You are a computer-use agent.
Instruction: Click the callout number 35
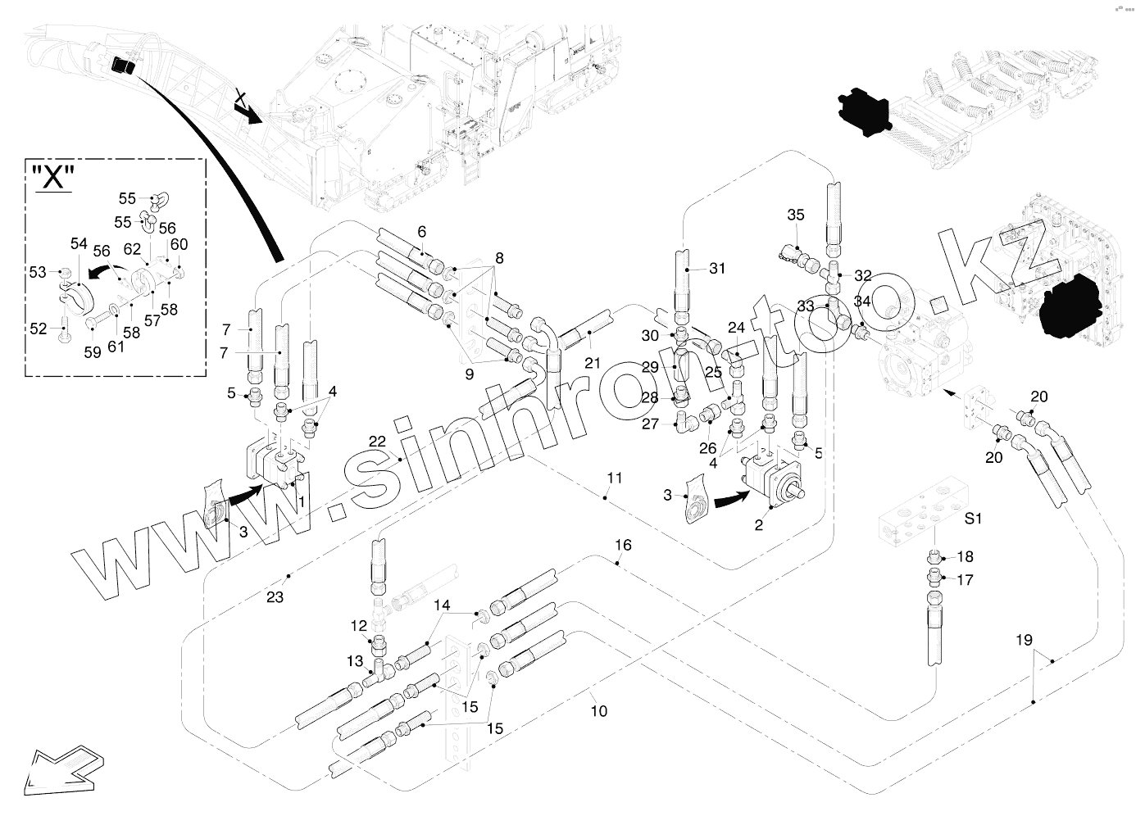796,215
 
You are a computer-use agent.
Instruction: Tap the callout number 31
717,268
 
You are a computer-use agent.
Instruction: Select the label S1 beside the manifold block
973,518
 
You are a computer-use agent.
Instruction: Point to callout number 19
1024,640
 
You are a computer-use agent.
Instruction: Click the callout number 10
599,711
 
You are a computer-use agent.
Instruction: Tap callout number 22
377,441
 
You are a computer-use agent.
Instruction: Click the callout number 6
422,232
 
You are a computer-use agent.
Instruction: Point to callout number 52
39,329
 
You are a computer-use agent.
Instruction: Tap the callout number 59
93,352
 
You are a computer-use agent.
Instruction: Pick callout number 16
623,545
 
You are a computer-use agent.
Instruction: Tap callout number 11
615,476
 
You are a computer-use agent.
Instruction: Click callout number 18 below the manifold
965,557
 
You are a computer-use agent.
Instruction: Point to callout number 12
359,626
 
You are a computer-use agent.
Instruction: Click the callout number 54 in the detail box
79,243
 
